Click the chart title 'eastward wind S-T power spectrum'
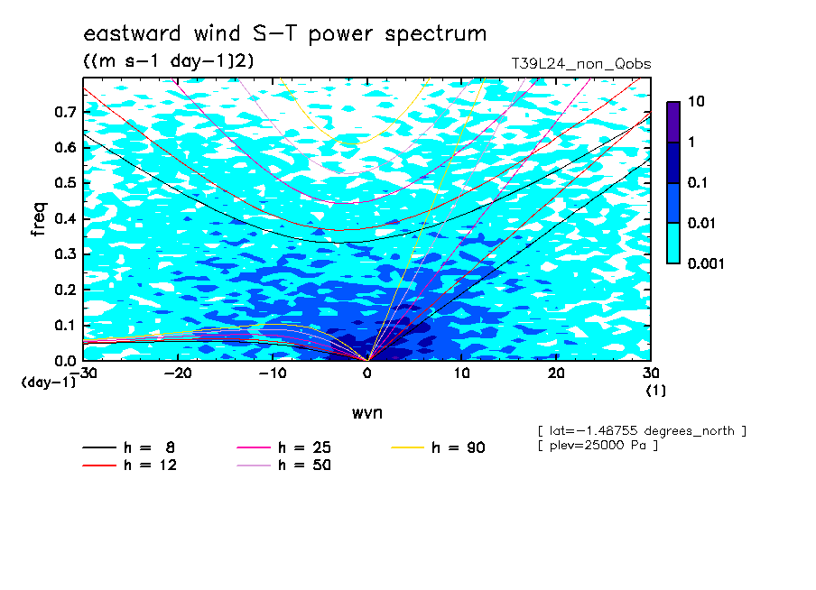pyautogui.click(x=284, y=34)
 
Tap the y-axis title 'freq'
pyautogui.click(x=39, y=219)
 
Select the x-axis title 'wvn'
pyautogui.click(x=367, y=413)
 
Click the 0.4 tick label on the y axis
pyautogui.click(x=67, y=218)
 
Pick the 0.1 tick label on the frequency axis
pyautogui.click(x=67, y=325)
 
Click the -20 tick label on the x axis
pyautogui.click(x=178, y=373)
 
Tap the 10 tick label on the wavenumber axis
pyautogui.click(x=462, y=373)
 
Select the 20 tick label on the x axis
pyautogui.click(x=556, y=373)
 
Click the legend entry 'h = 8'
pyautogui.click(x=129, y=447)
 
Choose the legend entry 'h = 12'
pyautogui.click(x=130, y=465)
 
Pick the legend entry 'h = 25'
pyautogui.click(x=284, y=447)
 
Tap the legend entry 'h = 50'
pyautogui.click(x=284, y=465)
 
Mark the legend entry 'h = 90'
pyautogui.click(x=438, y=447)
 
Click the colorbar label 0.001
pyautogui.click(x=706, y=263)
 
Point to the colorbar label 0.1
pyautogui.click(x=698, y=182)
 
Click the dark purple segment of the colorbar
pyautogui.click(x=673, y=122)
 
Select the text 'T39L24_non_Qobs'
pyautogui.click(x=581, y=64)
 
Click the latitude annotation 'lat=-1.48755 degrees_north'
pyautogui.click(x=642, y=431)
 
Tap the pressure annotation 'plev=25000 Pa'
pyautogui.click(x=598, y=446)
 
